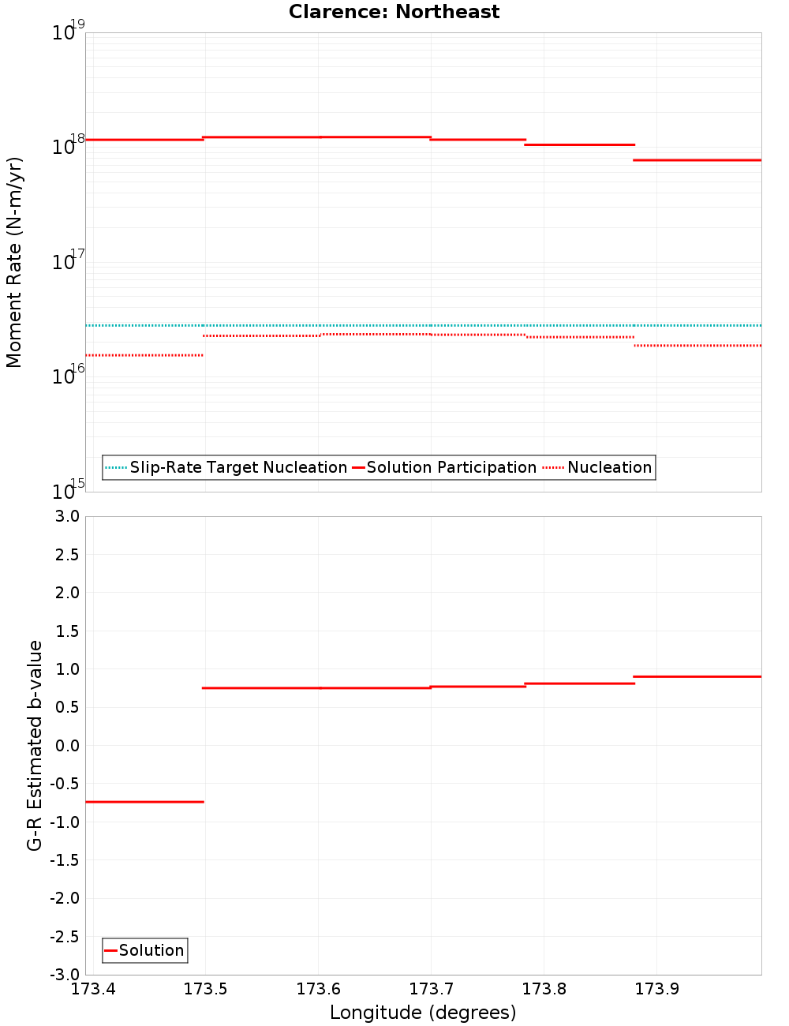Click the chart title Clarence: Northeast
click(394, 12)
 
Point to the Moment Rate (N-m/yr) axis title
click(14, 262)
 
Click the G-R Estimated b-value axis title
click(35, 745)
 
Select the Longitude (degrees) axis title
click(423, 1013)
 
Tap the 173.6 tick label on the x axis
click(319, 989)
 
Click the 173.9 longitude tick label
click(657, 989)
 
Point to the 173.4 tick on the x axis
click(93, 989)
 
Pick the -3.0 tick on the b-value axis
click(65, 975)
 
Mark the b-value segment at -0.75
click(144, 802)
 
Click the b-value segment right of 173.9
click(697, 676)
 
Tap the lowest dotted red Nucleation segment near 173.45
click(144, 355)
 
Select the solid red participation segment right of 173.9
click(697, 160)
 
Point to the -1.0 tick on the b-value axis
click(65, 822)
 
